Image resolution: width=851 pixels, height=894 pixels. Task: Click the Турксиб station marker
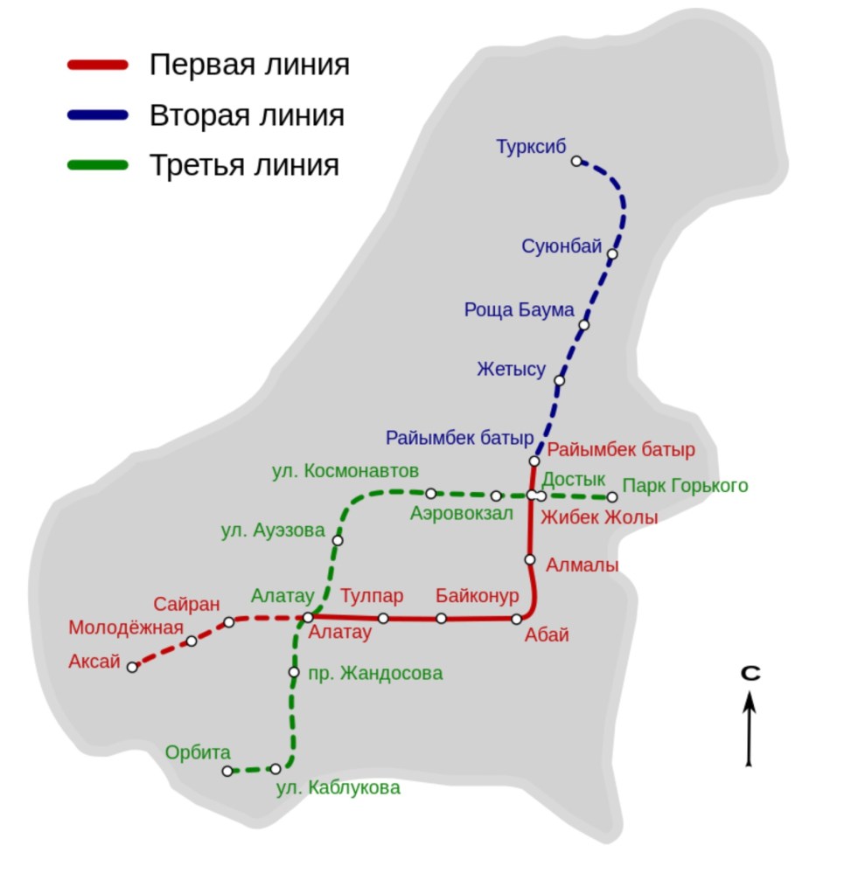[x=576, y=162]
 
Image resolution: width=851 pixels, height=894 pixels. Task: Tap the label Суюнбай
[x=562, y=246]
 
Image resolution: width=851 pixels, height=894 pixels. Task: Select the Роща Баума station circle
[x=584, y=325]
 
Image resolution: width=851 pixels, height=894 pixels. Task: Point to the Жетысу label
[x=512, y=369]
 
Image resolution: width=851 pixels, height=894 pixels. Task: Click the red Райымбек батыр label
[x=621, y=450]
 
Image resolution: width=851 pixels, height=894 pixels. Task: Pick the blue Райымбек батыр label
[x=459, y=438]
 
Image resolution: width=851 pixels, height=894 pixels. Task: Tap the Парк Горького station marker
[x=612, y=497]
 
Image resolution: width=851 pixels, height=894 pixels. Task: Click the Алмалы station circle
[x=530, y=560]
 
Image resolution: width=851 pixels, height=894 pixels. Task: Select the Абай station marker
[x=517, y=620]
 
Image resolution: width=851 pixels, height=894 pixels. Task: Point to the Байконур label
[x=478, y=596]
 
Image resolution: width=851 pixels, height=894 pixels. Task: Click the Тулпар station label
[x=372, y=596]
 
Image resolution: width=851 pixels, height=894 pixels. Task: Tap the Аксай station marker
[x=132, y=667]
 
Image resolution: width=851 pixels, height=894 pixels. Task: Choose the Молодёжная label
[x=126, y=627]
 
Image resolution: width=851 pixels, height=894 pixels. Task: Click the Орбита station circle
[x=227, y=772]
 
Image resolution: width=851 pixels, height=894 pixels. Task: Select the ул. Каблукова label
[x=338, y=788]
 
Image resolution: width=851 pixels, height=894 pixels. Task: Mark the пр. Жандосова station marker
[x=294, y=672]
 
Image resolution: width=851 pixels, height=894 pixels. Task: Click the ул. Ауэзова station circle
[x=338, y=540]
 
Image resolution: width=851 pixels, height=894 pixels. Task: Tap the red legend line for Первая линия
[x=98, y=65]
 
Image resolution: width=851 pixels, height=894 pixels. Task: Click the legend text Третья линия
[x=244, y=165]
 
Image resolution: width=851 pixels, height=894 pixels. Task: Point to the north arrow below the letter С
[x=749, y=729]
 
